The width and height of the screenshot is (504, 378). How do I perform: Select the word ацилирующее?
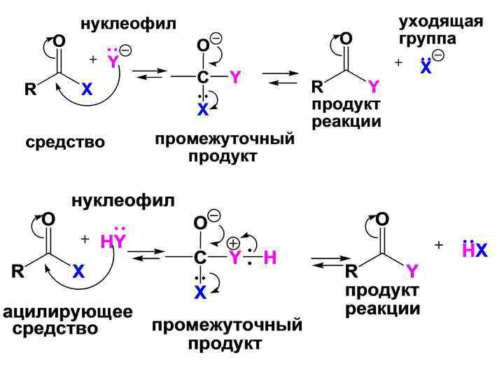(67, 311)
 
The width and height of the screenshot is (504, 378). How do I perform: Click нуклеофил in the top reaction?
(128, 24)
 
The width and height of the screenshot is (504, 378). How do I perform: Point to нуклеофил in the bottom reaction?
(122, 202)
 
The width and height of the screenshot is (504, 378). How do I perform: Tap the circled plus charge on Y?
(232, 242)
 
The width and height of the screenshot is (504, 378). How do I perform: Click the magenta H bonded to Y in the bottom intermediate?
(270, 258)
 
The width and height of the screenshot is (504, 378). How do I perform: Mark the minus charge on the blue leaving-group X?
(438, 55)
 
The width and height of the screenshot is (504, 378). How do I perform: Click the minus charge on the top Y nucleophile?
(125, 50)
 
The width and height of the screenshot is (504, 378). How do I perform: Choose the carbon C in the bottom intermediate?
(200, 258)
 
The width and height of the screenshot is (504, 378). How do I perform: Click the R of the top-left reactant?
(29, 90)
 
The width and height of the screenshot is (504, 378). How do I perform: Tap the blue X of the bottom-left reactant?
(78, 273)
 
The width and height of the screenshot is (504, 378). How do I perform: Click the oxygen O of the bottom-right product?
(382, 219)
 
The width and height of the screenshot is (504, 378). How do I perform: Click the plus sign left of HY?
(85, 239)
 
